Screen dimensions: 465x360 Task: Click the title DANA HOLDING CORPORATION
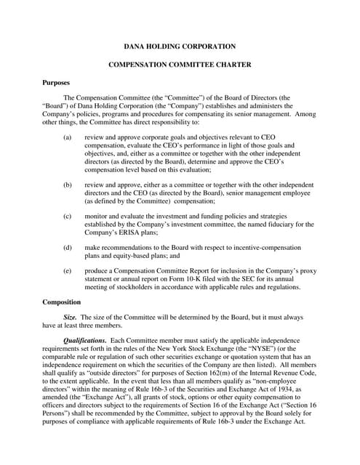pyautogui.click(x=180, y=46)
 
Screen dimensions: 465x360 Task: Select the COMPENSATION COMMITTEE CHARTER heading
pyautogui.click(x=180, y=65)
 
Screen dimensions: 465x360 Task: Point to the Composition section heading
pyautogui.click(x=62, y=301)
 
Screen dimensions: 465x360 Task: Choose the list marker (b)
pyautogui.click(x=68, y=185)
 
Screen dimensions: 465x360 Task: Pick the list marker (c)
pyautogui.click(x=68, y=216)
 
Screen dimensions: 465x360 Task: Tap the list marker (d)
pyautogui.click(x=68, y=247)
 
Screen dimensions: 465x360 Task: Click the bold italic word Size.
pyautogui.click(x=71, y=318)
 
